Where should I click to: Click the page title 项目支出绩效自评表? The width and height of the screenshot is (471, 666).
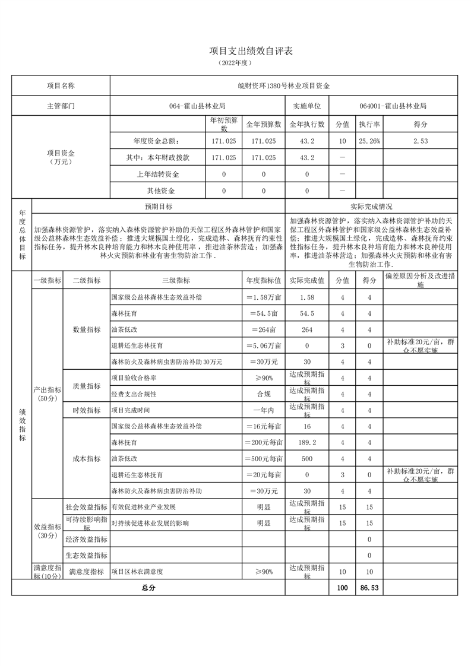click(235, 52)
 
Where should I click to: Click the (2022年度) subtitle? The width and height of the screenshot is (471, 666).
click(235, 62)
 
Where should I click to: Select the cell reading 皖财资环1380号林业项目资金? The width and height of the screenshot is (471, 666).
click(284, 85)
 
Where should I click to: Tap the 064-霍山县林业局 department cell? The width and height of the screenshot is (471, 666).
click(197, 106)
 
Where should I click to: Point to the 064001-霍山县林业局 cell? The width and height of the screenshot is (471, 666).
click(393, 106)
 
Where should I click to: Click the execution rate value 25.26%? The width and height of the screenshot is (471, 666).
click(369, 141)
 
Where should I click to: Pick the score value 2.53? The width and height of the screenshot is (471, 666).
click(421, 141)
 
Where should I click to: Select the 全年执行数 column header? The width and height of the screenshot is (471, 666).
click(307, 125)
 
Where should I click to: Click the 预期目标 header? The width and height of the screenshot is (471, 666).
click(159, 207)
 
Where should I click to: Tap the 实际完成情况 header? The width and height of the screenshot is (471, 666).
click(371, 207)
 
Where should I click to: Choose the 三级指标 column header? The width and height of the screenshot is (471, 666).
click(176, 280)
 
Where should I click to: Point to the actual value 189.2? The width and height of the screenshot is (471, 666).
click(307, 443)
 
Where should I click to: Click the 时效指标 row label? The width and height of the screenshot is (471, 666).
click(86, 410)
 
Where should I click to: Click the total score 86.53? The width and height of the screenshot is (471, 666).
click(369, 588)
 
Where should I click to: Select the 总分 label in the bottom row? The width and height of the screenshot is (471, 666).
click(148, 588)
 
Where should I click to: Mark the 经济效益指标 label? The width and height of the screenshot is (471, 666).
click(86, 540)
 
